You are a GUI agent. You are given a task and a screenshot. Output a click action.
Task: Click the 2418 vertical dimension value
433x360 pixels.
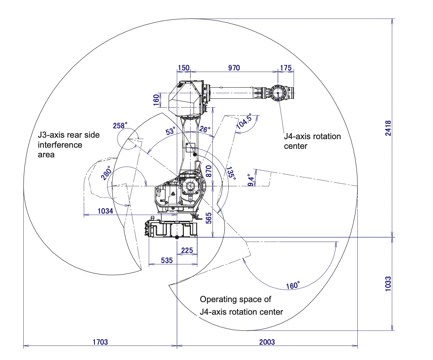(x=388, y=128)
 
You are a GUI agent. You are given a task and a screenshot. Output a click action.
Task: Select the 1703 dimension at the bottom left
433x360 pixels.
(x=100, y=342)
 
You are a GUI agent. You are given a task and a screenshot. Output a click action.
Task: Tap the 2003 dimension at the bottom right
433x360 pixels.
(x=267, y=342)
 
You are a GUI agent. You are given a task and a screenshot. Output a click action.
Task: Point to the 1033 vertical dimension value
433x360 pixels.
(x=388, y=284)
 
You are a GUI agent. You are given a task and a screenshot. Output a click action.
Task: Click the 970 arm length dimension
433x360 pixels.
(x=234, y=68)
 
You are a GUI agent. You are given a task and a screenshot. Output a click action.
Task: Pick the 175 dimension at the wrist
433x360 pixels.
(x=286, y=68)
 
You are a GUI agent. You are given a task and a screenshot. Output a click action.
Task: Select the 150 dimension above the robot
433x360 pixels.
(x=183, y=68)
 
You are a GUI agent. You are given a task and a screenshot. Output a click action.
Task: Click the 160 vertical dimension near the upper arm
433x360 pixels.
(x=156, y=100)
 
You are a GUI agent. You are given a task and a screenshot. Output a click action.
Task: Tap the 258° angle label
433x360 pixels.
(x=120, y=125)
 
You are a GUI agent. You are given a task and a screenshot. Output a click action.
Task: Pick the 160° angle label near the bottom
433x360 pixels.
(x=293, y=285)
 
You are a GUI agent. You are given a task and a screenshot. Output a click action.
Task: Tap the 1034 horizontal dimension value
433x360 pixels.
(x=106, y=211)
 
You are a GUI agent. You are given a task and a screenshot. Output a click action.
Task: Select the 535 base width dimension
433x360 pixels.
(x=167, y=260)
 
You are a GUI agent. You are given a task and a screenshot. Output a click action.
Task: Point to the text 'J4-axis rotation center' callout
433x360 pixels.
(x=312, y=141)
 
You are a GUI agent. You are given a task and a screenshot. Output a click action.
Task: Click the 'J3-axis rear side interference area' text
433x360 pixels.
(x=69, y=145)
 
